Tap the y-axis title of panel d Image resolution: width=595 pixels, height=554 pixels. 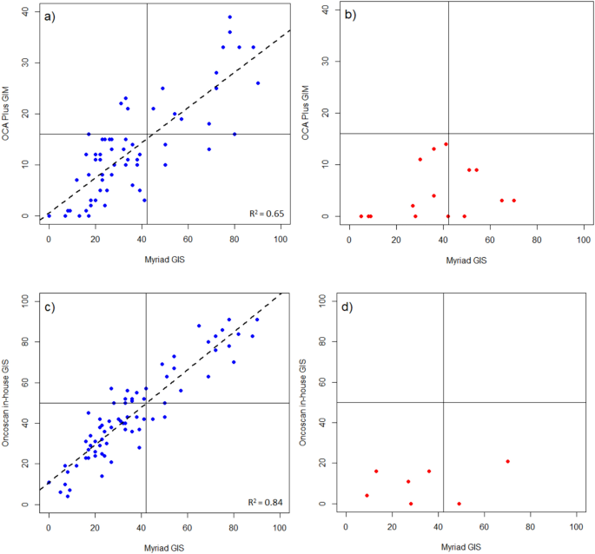[303, 402]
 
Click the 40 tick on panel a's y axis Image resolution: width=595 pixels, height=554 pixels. [27, 11]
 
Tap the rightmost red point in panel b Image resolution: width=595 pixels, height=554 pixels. [514, 201]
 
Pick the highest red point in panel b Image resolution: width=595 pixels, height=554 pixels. [446, 144]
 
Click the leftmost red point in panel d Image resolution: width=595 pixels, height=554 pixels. [367, 495]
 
